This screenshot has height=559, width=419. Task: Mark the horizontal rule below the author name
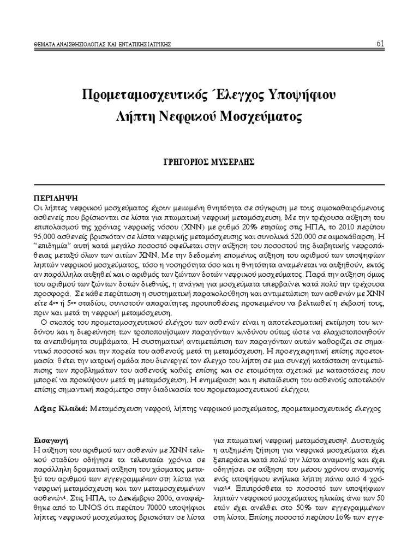(209, 184)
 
